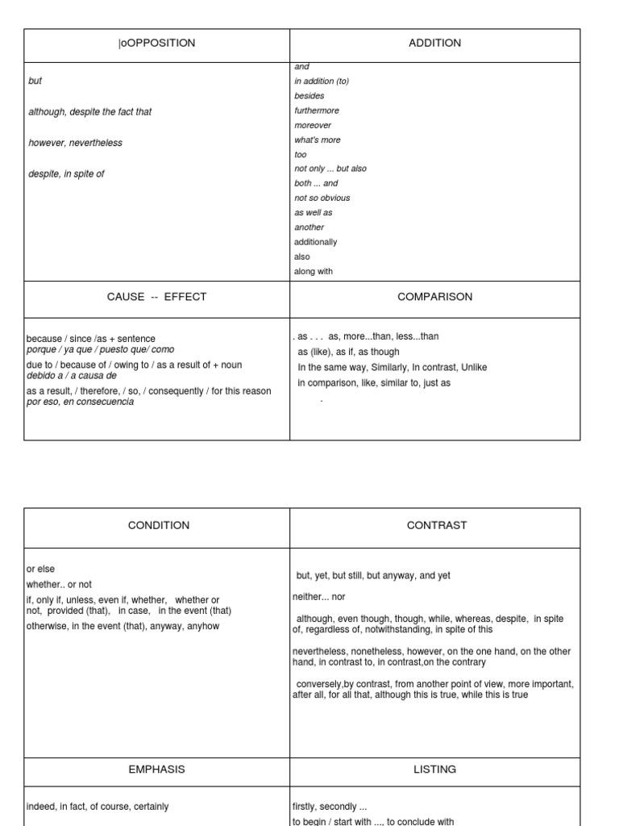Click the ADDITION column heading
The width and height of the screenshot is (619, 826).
[x=434, y=43]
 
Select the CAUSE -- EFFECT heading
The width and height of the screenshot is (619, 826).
[x=156, y=297]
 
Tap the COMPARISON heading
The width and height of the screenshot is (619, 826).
[x=434, y=297]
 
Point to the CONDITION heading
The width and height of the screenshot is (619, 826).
[x=159, y=525]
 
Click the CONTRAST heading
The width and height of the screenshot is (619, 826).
[x=437, y=525]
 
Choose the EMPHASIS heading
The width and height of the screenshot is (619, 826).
[x=156, y=770]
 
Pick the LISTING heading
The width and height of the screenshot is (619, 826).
[x=434, y=770]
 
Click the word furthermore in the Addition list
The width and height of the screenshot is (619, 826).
[x=314, y=111]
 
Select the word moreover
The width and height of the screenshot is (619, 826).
[x=313, y=125]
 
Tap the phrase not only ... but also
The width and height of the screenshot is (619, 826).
[x=330, y=169]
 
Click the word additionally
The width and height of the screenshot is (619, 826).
[x=316, y=242]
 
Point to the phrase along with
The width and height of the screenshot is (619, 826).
[x=314, y=271]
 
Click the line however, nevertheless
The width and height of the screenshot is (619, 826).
[x=75, y=143]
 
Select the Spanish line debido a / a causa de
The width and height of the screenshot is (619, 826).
[x=72, y=375]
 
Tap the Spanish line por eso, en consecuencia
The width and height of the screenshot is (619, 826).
[x=81, y=402]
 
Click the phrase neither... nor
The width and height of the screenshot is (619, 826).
[x=318, y=597]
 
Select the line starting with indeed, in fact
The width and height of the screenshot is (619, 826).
[x=98, y=807]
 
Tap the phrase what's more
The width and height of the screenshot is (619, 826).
[x=318, y=140]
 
